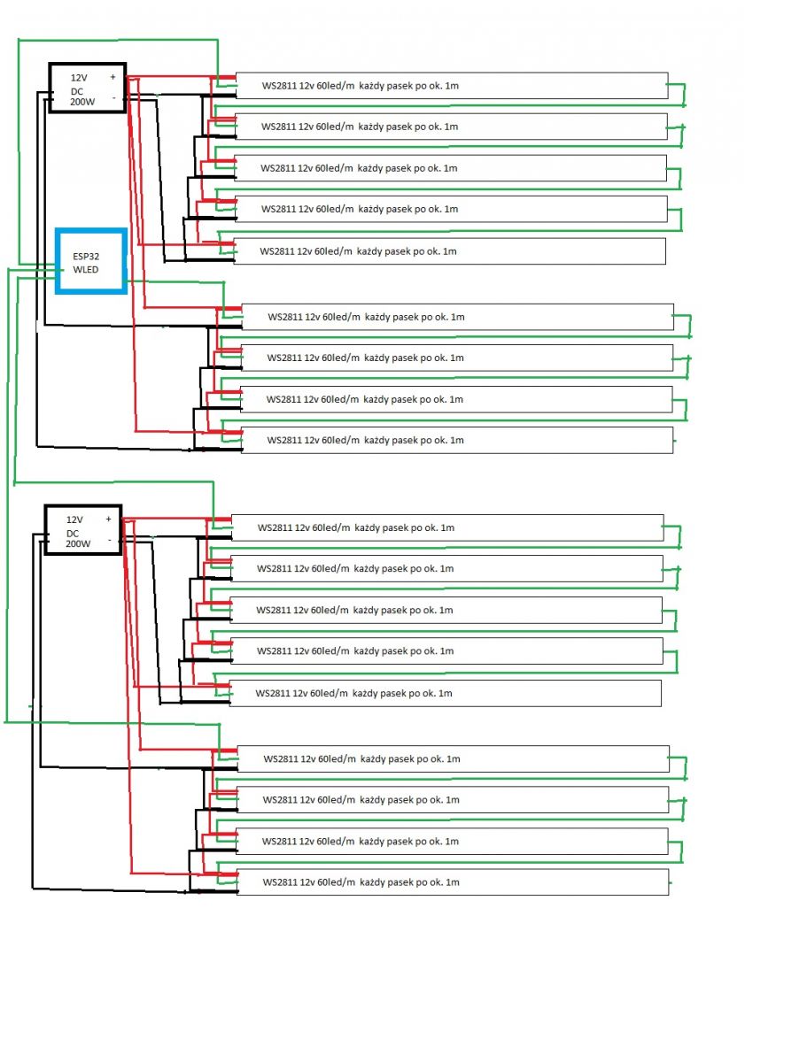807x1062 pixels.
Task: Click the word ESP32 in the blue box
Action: (x=86, y=257)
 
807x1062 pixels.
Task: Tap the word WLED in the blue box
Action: (x=86, y=270)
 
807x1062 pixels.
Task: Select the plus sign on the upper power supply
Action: (x=113, y=77)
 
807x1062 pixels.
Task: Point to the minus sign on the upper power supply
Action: (x=114, y=97)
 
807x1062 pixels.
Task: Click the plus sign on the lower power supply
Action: (x=108, y=519)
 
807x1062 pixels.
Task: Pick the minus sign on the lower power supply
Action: (x=110, y=540)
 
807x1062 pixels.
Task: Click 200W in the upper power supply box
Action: (x=82, y=102)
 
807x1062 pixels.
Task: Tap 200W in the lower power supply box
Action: (x=78, y=543)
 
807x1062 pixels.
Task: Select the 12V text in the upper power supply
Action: (x=79, y=77)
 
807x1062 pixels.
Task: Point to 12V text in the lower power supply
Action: (x=74, y=519)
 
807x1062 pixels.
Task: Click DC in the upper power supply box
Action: (x=77, y=91)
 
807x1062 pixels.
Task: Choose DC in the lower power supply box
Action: (x=73, y=533)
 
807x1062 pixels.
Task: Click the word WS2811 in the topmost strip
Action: (x=278, y=86)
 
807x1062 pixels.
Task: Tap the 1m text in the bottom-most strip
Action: (x=452, y=882)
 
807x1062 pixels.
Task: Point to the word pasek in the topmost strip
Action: (x=400, y=86)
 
